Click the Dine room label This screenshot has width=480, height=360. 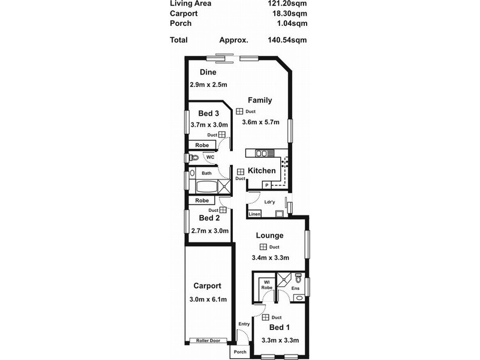coord(199,73)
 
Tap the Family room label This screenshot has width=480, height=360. coord(260,100)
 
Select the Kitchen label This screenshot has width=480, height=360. coord(262,171)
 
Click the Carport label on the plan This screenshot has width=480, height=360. coord(207,286)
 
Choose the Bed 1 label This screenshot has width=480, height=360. coord(280,328)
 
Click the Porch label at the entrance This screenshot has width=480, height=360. coord(240,352)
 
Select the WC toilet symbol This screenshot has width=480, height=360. coord(193,158)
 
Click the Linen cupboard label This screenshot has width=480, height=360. coord(254,214)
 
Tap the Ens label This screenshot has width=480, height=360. coord(295,289)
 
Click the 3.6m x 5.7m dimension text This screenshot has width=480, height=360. coord(261,123)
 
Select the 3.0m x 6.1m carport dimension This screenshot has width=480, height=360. coord(208,299)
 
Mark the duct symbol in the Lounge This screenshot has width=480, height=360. coord(263,247)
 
